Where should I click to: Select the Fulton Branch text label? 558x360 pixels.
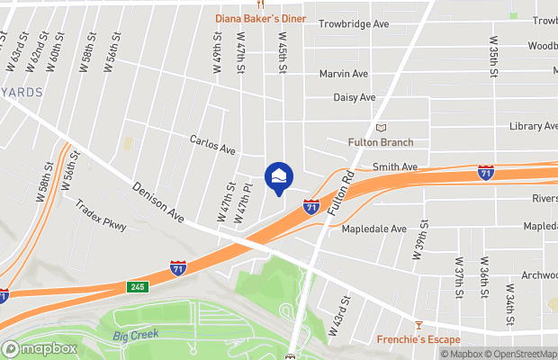(x=381, y=142)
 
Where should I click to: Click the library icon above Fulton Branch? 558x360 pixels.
(x=381, y=129)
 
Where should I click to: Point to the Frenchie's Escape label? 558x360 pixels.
(x=418, y=339)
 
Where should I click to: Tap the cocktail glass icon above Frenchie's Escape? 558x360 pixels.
(x=418, y=325)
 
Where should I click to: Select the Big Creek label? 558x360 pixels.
(x=136, y=335)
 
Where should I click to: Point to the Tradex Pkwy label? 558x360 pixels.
(x=101, y=217)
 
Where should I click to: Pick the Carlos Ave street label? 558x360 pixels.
(x=212, y=144)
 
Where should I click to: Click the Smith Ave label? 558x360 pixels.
(x=396, y=167)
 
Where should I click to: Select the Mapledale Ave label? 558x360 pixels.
(x=374, y=229)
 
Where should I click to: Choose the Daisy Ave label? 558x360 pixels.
(x=355, y=97)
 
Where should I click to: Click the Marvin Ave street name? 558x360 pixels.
(x=344, y=74)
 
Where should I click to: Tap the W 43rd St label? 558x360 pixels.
(x=337, y=316)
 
